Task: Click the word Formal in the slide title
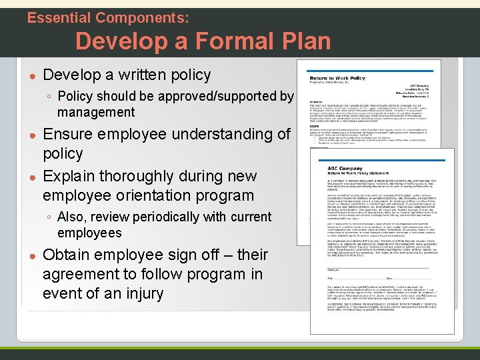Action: tap(219, 41)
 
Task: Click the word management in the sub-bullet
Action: tap(96, 112)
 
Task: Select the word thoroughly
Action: tap(145, 176)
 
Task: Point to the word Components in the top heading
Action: tap(140, 17)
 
